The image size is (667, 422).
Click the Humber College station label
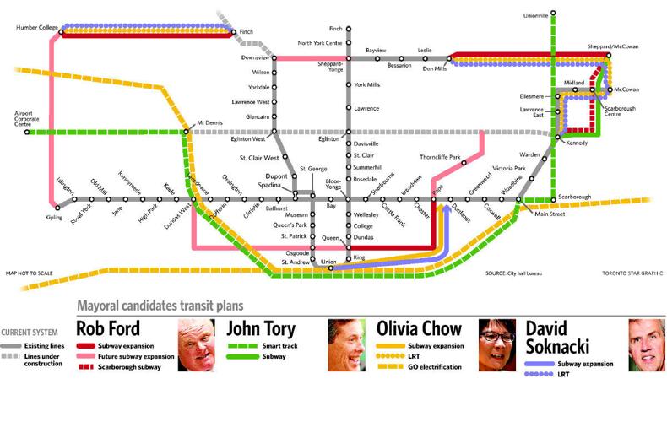(x=36, y=28)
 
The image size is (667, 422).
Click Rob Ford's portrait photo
(x=196, y=344)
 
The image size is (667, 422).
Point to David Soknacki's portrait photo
(x=646, y=344)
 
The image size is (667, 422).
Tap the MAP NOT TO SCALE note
(x=29, y=273)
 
